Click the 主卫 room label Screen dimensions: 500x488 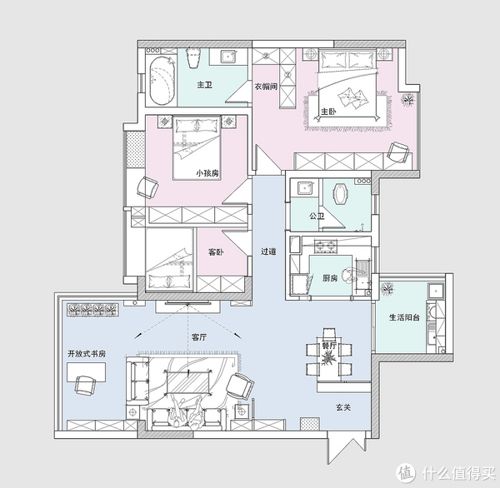coord(205,85)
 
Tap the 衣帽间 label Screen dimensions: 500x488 coord(266,87)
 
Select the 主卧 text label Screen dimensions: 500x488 coord(328,112)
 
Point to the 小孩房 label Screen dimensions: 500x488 coord(207,173)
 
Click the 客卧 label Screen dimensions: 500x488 coord(216,252)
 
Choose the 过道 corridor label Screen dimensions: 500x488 coord(268,251)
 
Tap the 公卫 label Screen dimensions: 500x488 coord(317,217)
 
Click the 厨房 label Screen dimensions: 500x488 coord(330,278)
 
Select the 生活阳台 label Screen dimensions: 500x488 coord(404,317)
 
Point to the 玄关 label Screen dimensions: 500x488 coord(343,407)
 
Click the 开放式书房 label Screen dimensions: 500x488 coord(87,354)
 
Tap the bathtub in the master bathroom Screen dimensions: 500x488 coord(162,81)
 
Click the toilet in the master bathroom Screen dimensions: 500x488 coord(193,57)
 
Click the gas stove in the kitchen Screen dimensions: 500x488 coord(326,245)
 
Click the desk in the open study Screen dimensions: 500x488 coord(87,371)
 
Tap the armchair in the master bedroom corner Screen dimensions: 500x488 coord(398,152)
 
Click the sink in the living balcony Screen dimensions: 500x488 coord(435,291)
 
